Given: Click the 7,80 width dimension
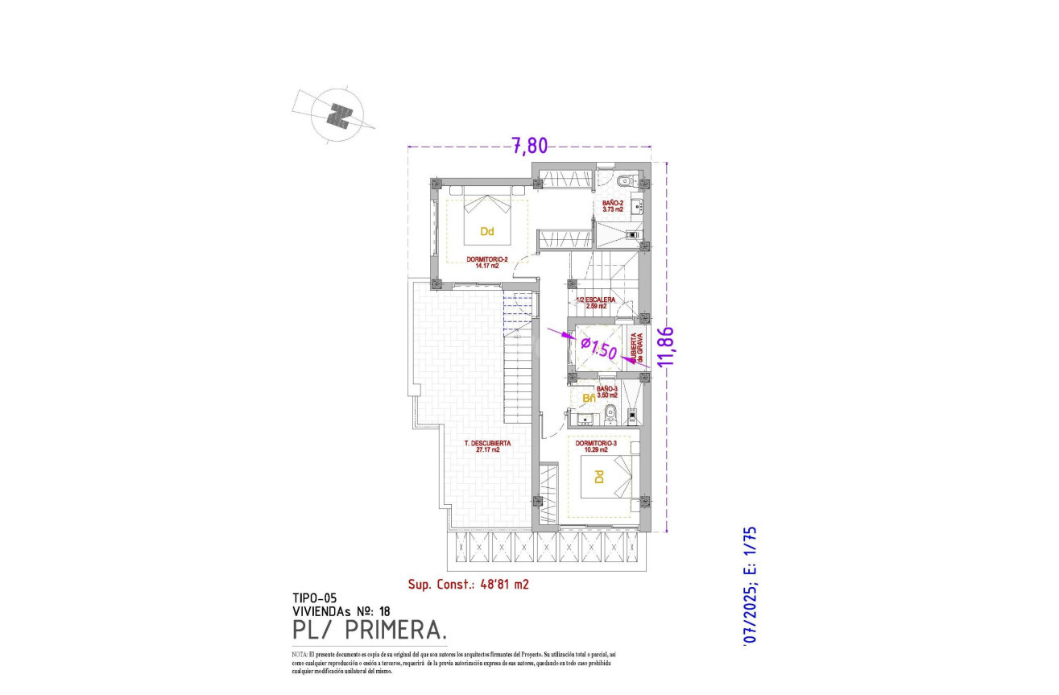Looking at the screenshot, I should [529, 146].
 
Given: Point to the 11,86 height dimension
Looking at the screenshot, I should [664, 346].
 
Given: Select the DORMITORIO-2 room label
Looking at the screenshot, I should [486, 263].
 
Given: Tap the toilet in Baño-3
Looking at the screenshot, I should [610, 415].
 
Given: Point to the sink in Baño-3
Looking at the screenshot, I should [586, 416].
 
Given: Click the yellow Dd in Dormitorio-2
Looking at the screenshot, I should [486, 232].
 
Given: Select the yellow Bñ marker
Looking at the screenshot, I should [589, 398].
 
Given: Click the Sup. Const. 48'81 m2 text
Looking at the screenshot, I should [468, 585].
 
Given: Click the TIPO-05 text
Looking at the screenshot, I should [314, 598].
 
